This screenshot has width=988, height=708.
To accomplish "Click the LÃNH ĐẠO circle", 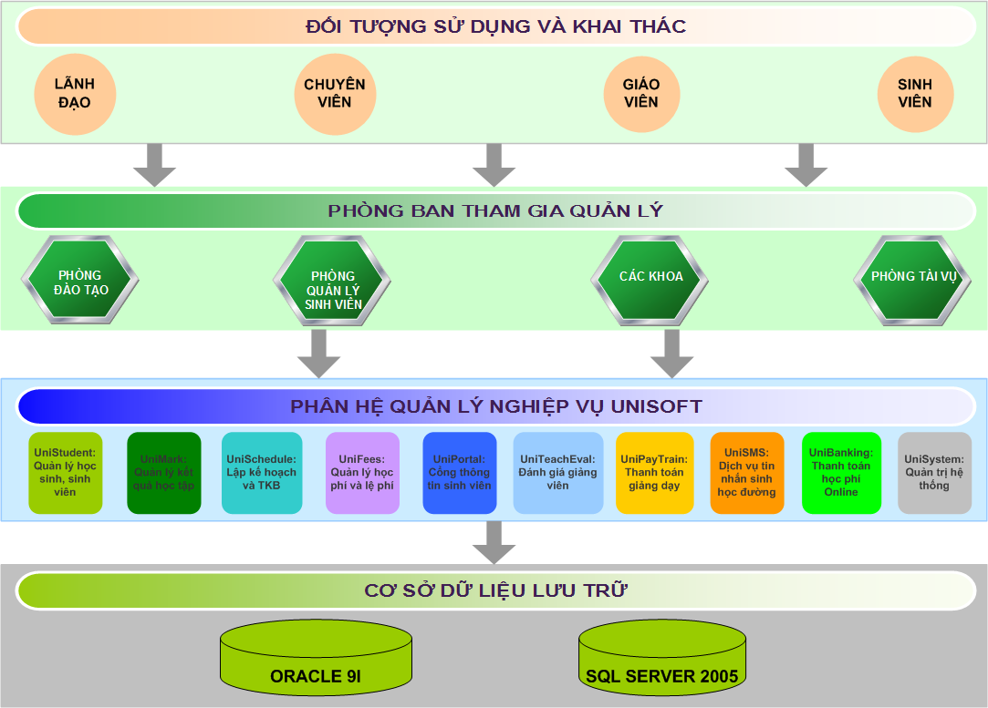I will tap(75, 93).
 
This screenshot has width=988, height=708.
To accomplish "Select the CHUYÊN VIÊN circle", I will tap(335, 93).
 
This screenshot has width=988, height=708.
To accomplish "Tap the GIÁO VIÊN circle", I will tap(641, 93).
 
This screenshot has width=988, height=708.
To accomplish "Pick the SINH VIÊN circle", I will tap(915, 93).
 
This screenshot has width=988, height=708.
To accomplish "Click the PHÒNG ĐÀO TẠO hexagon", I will tap(80, 282).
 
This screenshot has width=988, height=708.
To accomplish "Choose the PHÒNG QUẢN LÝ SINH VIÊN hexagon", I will tap(333, 283).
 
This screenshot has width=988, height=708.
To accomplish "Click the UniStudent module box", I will tap(66, 472).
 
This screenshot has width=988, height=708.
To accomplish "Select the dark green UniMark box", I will tap(164, 472).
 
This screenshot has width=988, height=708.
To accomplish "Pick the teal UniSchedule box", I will tap(262, 472).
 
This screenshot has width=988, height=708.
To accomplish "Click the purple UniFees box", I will tap(362, 472).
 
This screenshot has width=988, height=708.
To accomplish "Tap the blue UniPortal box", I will tap(459, 472).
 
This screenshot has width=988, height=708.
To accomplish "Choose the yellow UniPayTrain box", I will tap(654, 472).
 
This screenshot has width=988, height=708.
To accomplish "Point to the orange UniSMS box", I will tap(747, 472).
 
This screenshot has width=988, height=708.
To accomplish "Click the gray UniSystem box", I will tap(934, 472).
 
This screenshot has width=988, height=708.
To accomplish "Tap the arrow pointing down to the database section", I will tap(494, 544).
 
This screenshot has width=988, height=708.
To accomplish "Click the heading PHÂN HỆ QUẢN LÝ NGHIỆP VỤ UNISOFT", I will tap(496, 406).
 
